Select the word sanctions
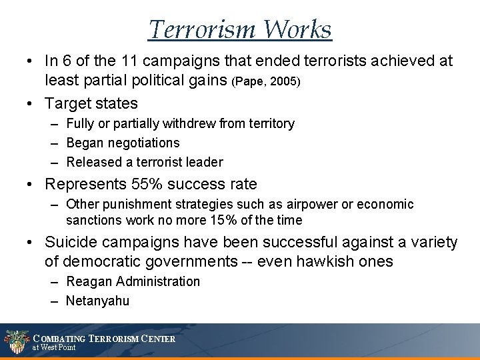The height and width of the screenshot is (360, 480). [x=90, y=220]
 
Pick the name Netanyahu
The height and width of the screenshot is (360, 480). [x=97, y=301]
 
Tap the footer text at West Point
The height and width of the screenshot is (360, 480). [x=55, y=348]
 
